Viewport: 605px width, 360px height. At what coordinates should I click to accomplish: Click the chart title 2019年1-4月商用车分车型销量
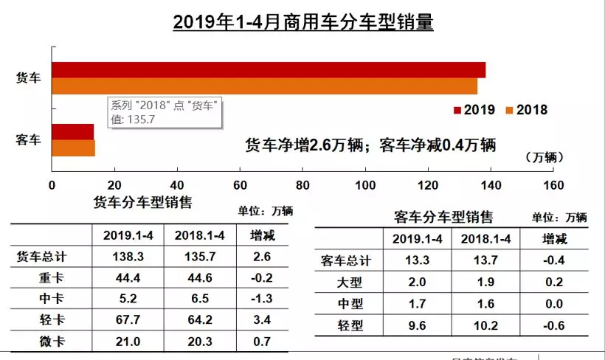pos(302,22)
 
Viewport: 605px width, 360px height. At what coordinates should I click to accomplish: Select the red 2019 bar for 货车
pos(269,70)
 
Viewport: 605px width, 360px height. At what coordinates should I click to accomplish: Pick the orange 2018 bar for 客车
pos(73,148)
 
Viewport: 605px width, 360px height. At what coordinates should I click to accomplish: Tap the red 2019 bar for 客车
pos(72,132)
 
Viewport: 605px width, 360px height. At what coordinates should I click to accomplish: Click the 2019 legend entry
pos(473,110)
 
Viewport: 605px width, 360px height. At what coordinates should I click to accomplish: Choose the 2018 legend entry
pos(526,110)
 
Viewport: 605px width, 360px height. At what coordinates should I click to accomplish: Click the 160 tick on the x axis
pos(553,184)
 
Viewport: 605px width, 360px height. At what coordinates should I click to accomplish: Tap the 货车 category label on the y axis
pos(28,78)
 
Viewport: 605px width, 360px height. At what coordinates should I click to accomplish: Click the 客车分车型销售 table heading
pos(443,217)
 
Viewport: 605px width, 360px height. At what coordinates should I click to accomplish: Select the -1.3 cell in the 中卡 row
pos(261,300)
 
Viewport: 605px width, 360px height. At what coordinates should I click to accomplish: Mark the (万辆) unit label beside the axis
pos(545,157)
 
